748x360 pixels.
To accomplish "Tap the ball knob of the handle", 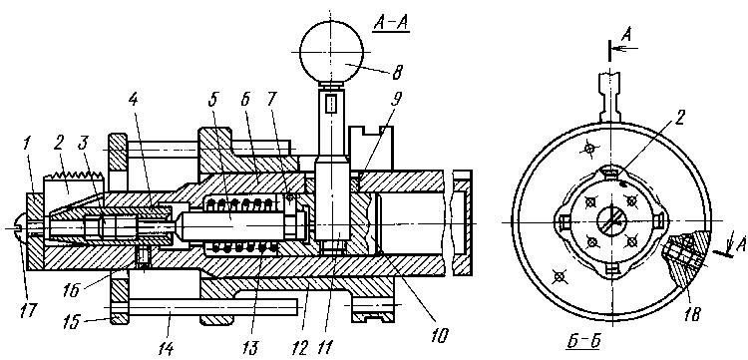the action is click(335, 51).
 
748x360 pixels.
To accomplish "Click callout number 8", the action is click(397, 73).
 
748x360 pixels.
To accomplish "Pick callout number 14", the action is click(164, 349).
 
